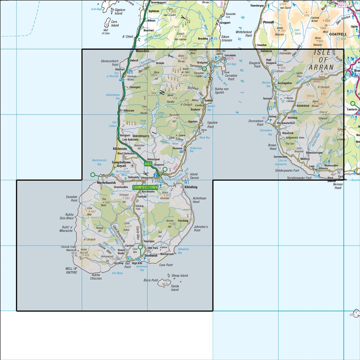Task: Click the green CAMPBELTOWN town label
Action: (x=145, y=188)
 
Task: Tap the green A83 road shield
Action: (x=148, y=164)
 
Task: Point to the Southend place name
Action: (x=151, y=256)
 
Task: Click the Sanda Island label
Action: (x=175, y=288)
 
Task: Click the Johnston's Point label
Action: (x=201, y=229)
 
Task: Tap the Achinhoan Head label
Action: (x=201, y=200)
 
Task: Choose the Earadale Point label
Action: (x=72, y=199)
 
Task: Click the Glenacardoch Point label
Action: (x=110, y=63)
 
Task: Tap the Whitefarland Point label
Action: (x=244, y=34)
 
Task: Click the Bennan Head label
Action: (x=337, y=186)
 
